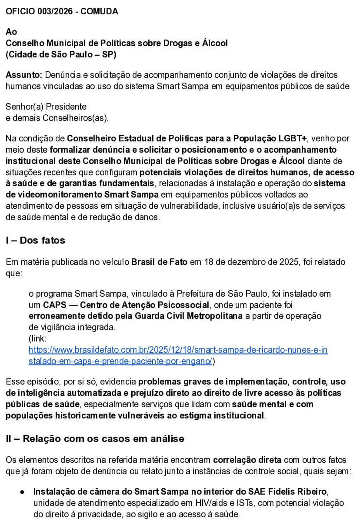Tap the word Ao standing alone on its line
click(11, 32)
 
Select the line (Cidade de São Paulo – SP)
click(61, 55)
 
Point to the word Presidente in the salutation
click(66, 107)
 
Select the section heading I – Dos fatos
click(35, 240)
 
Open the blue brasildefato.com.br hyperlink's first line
click(178, 350)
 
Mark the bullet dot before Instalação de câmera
click(22, 492)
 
